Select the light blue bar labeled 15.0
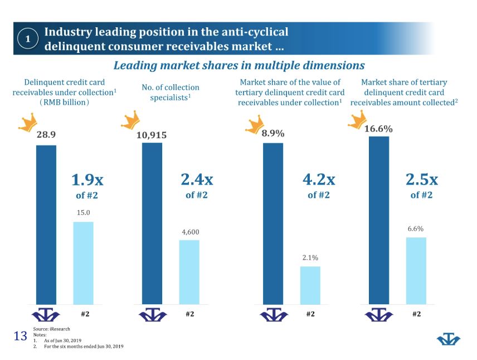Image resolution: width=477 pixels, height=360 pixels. tap(83, 262)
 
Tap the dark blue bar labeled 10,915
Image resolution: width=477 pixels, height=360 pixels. tap(152, 223)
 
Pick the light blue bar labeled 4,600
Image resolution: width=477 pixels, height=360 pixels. tap(189, 272)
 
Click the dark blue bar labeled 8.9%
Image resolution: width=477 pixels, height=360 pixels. tap(273, 223)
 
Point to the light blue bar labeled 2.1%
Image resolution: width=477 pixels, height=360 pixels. tap(310, 285)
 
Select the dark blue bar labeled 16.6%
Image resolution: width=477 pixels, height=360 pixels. tap(379, 220)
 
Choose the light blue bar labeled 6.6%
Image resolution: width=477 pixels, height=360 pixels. tap(416, 270)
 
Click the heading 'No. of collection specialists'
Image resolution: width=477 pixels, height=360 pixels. tap(171, 93)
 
